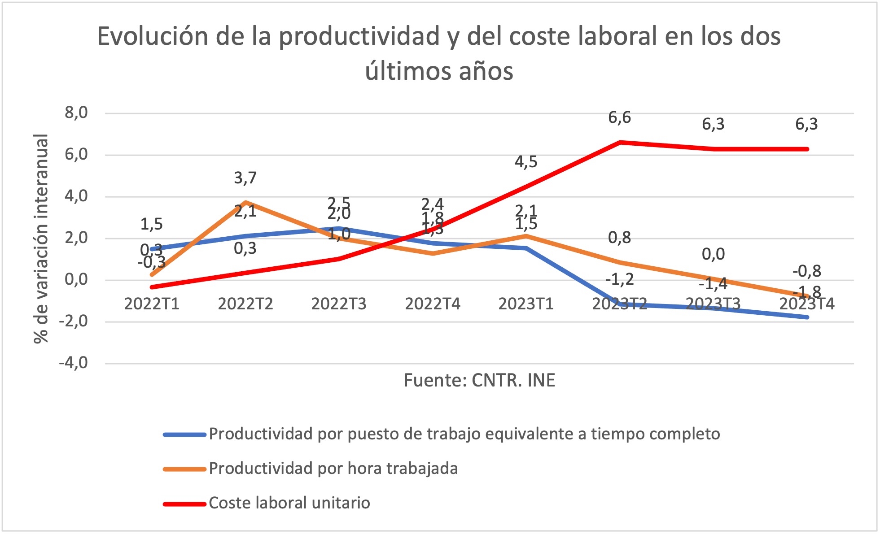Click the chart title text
click(x=439, y=53)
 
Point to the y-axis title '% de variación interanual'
click(x=41, y=239)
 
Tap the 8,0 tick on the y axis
click(x=76, y=113)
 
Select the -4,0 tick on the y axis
click(x=74, y=363)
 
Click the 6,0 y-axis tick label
click(x=76, y=155)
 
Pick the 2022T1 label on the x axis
click(x=152, y=304)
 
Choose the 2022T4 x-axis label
click(x=433, y=304)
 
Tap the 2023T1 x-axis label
click(x=526, y=304)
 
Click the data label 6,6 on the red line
click(x=619, y=118)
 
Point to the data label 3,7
click(x=245, y=178)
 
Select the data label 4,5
click(x=526, y=162)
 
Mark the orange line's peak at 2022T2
click(x=245, y=203)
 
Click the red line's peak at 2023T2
click(x=620, y=143)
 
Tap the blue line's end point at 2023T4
click(x=807, y=317)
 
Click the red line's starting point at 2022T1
click(x=152, y=287)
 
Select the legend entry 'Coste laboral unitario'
click(x=289, y=503)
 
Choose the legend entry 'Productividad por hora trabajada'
click(x=333, y=469)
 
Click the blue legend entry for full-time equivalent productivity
click(x=464, y=434)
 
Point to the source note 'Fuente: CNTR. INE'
click(x=479, y=380)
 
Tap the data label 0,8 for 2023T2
click(x=619, y=238)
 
